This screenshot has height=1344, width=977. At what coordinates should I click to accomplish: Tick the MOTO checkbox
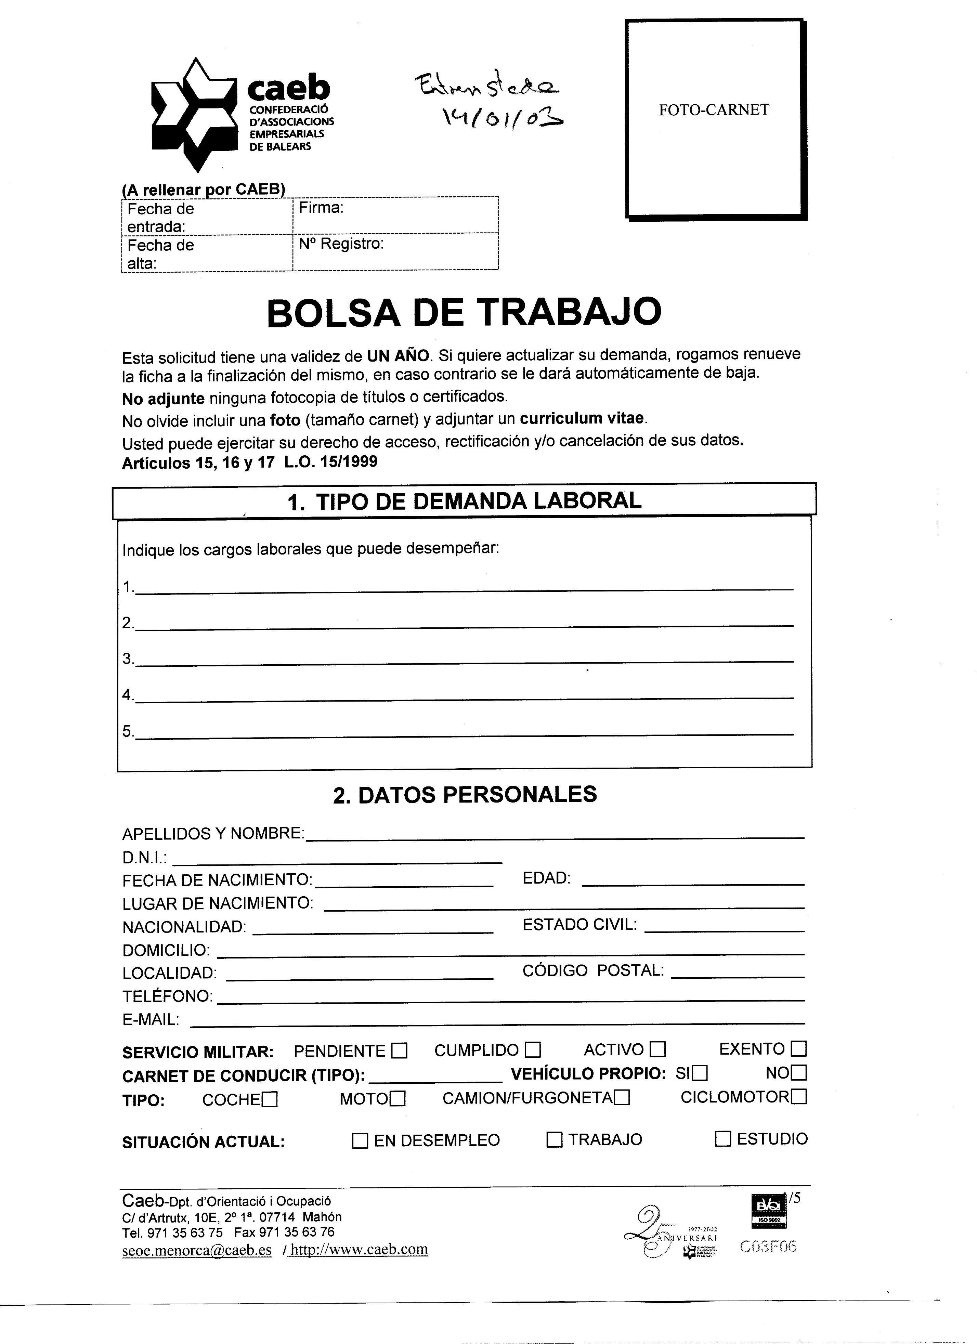(x=398, y=1099)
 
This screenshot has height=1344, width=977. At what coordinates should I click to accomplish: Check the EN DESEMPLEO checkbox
(x=360, y=1141)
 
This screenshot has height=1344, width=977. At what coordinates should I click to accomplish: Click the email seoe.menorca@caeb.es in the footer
(x=197, y=1250)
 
